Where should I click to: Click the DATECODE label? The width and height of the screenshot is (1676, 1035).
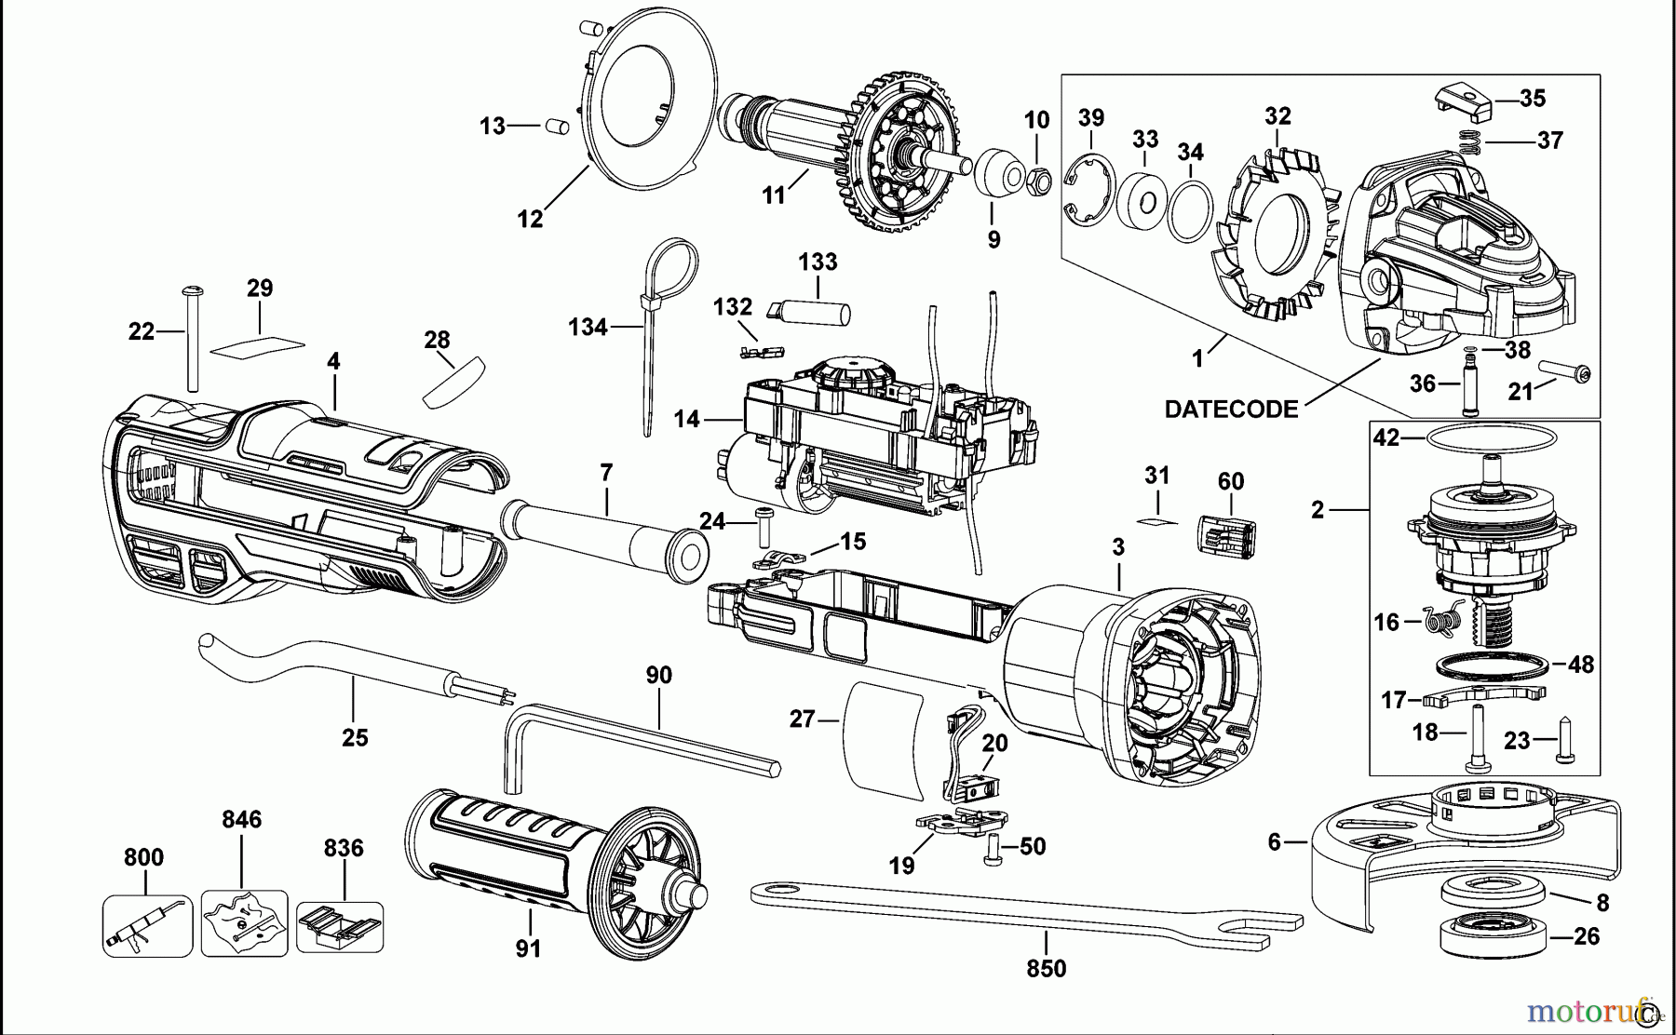tap(1231, 410)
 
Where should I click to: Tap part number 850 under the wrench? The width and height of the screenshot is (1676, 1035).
tap(1046, 969)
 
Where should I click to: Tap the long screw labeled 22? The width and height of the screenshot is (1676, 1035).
tap(194, 340)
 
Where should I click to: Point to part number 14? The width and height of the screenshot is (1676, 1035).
tap(687, 420)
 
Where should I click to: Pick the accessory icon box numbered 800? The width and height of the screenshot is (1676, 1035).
tap(147, 925)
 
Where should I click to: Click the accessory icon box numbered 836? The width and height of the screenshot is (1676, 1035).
tap(340, 925)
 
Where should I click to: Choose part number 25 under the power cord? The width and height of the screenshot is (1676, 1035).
tap(355, 738)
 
